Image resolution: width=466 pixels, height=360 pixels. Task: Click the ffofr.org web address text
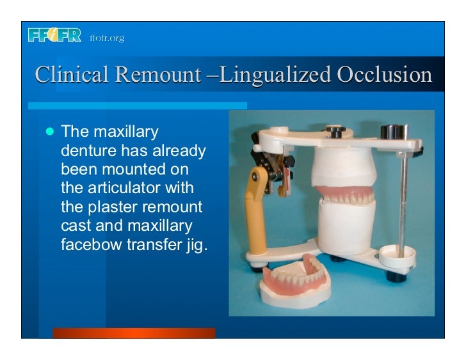tap(108, 38)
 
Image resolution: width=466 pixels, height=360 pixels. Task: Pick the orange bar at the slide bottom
tap(134, 333)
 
